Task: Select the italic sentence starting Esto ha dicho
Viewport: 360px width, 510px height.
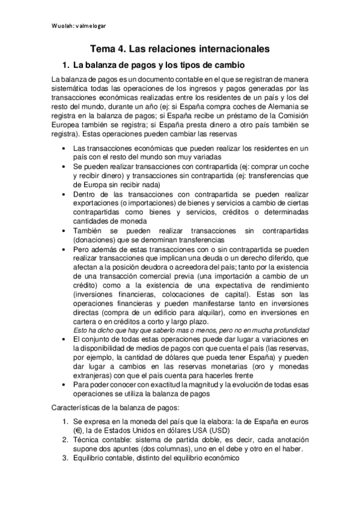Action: point(191,330)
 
